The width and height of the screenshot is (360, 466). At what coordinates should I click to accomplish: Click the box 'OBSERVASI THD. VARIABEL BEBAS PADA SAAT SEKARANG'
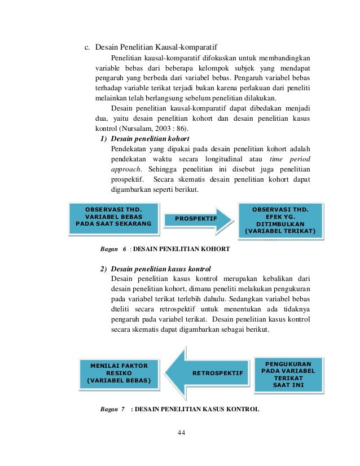point(113,217)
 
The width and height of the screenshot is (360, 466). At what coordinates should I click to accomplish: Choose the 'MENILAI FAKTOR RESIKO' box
point(119,373)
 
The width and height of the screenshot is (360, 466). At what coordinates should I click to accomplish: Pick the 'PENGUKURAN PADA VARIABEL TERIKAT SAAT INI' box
point(290,373)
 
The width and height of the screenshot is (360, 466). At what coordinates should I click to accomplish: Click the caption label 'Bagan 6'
point(113,248)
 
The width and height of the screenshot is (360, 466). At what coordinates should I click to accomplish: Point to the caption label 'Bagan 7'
point(113,408)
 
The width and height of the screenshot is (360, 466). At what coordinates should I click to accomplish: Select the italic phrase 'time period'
point(290,159)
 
